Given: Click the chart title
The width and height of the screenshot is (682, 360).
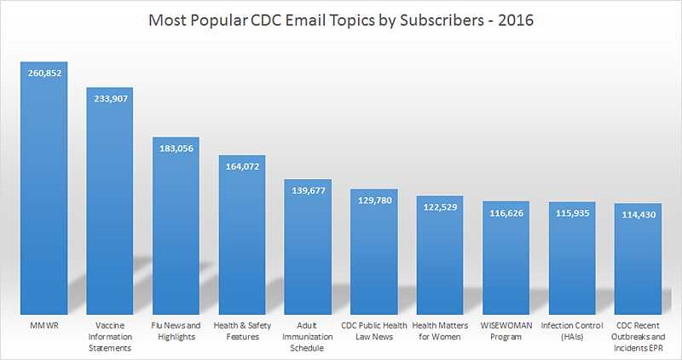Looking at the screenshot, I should [x=341, y=20].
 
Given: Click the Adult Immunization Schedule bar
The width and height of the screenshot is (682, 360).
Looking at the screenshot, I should [x=308, y=247].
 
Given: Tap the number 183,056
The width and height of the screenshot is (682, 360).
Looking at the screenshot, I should [x=176, y=148].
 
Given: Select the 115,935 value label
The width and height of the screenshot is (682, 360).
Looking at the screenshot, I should [x=572, y=213].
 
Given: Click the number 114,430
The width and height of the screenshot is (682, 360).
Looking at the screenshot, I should [x=638, y=214].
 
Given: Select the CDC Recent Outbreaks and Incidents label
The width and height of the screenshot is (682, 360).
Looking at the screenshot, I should [x=638, y=337].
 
